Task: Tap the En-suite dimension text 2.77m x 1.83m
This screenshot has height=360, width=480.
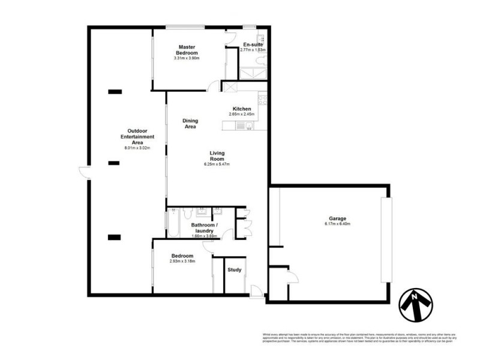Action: [253, 50]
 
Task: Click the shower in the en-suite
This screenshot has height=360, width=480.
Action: [252, 74]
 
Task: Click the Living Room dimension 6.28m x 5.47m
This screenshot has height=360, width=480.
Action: [217, 164]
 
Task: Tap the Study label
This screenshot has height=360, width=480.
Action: [235, 269]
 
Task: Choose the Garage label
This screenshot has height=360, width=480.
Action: [337, 218]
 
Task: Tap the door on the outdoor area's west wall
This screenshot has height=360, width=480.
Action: [83, 173]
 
